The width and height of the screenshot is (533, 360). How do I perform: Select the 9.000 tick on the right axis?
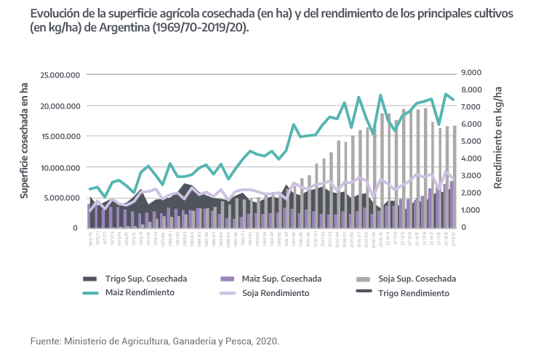(x=471, y=73)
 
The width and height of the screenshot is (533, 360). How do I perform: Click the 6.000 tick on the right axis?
(x=471, y=124)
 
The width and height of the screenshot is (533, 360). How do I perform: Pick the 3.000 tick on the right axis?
(x=471, y=176)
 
